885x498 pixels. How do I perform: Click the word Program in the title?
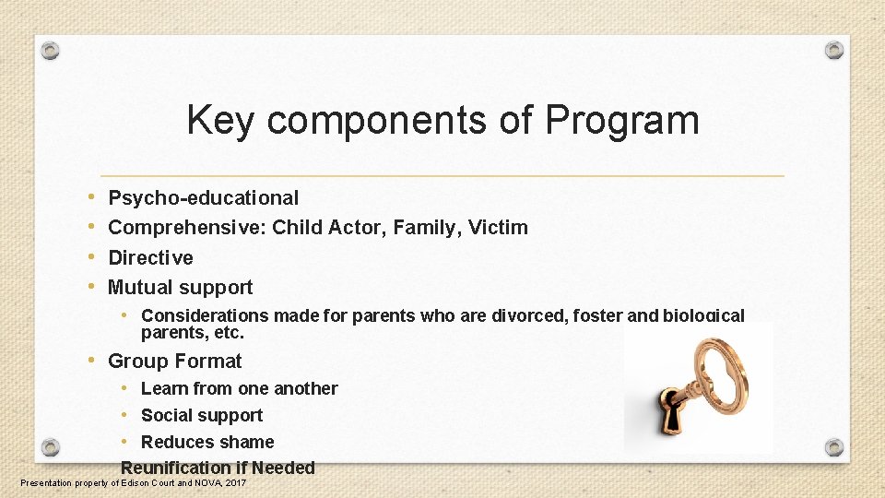622,121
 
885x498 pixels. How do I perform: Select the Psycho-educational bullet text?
204,197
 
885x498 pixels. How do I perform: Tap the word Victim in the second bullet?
498,227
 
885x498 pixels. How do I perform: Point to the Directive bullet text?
151,257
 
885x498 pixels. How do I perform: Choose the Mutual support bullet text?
181,287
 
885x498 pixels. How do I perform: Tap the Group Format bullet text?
175,361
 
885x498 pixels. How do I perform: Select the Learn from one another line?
240,388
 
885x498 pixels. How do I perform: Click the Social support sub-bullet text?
202,415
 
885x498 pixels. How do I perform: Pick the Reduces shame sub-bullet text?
207,442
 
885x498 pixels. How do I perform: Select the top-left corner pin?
52,50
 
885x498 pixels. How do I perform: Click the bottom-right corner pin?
833,447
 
